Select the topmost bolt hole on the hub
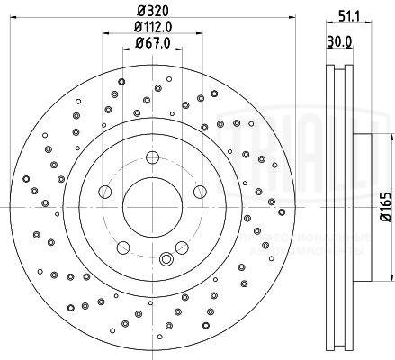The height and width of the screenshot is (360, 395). (x=146, y=157)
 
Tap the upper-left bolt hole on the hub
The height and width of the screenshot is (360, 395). (x=103, y=191)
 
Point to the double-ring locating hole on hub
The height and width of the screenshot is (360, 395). (x=165, y=260)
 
